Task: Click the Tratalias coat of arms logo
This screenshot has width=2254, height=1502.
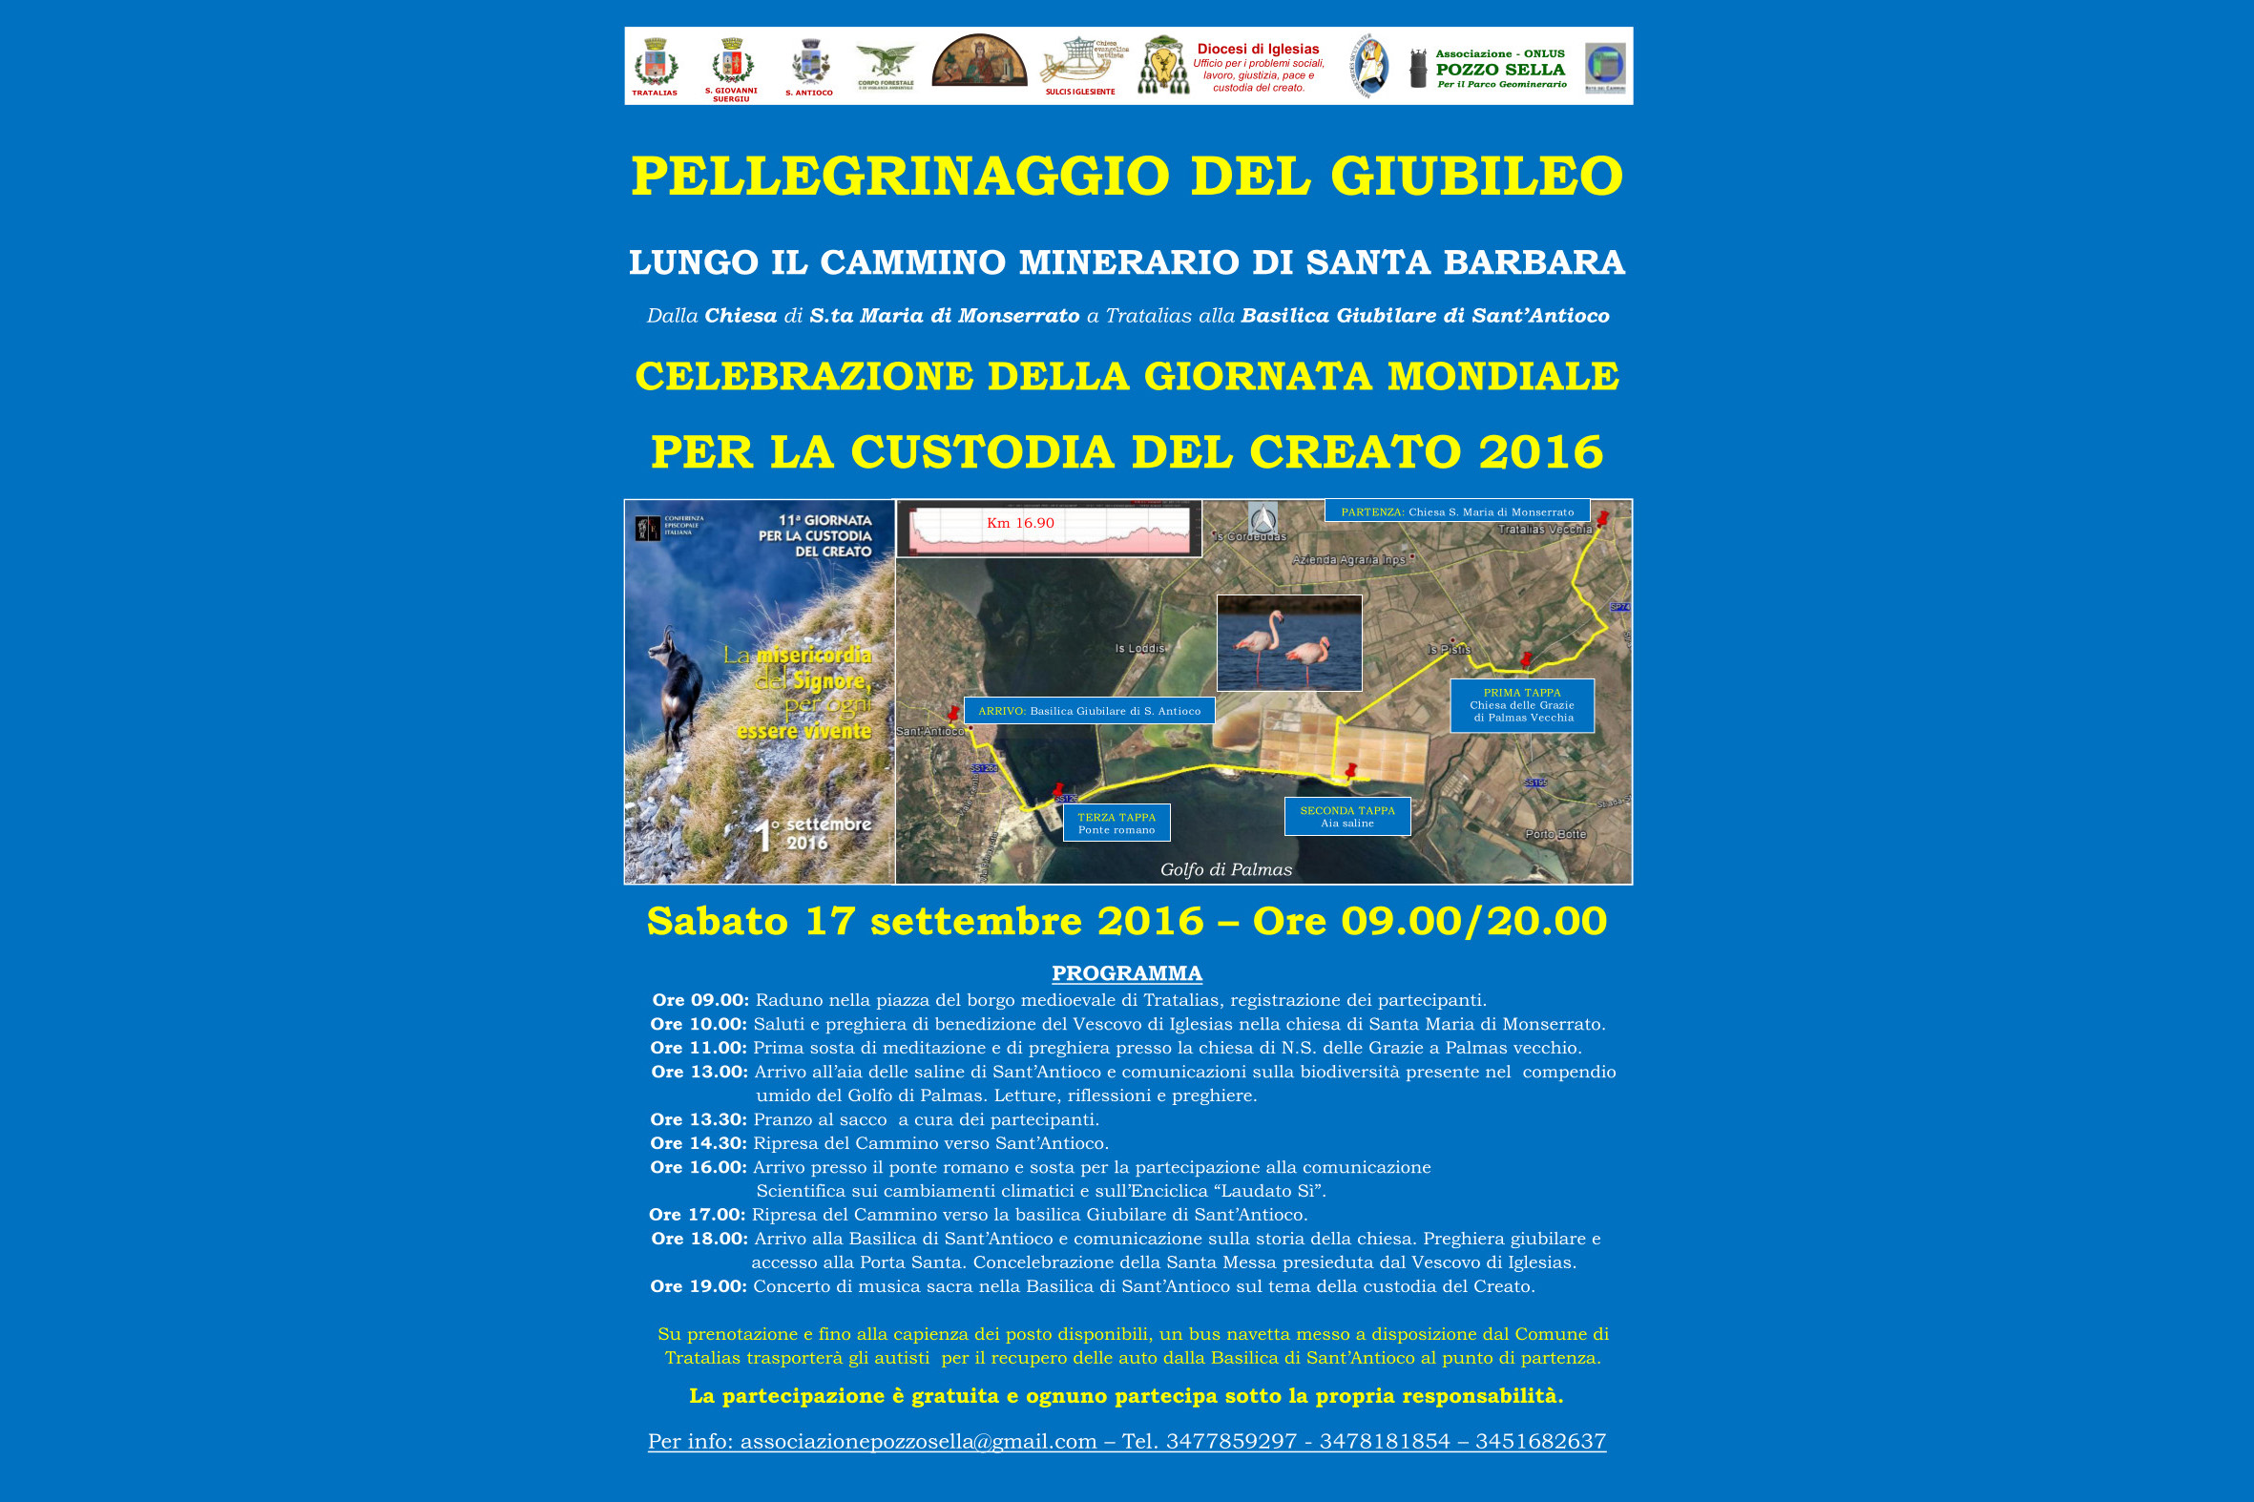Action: (656, 65)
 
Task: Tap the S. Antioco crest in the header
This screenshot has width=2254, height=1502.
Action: (809, 63)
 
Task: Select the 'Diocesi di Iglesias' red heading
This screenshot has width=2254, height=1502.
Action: (1258, 49)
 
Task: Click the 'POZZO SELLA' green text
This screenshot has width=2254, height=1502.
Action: (1500, 70)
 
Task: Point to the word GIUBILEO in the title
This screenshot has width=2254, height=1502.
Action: (1476, 177)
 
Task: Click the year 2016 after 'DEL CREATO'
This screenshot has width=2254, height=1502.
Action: (1540, 452)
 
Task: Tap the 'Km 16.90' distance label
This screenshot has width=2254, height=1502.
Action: (1020, 523)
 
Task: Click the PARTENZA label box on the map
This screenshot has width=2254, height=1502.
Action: (1456, 511)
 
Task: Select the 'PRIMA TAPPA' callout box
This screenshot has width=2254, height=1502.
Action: (1521, 705)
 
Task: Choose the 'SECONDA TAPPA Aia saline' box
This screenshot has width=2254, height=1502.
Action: (1346, 816)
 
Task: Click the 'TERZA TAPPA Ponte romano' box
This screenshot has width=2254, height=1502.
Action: (1116, 823)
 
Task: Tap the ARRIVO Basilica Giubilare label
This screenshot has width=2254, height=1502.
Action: (1089, 711)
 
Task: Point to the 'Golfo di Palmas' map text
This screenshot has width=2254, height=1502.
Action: (1226, 869)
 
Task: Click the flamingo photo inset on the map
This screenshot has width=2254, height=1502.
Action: (1288, 643)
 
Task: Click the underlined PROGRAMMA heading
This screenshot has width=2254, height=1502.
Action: (1126, 973)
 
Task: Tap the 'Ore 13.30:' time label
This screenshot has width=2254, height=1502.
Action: (699, 1119)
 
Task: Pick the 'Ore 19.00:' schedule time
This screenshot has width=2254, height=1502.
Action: (699, 1286)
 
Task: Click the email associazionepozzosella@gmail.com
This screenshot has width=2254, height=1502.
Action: (918, 1441)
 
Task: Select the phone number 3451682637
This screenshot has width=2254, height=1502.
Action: (1540, 1441)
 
